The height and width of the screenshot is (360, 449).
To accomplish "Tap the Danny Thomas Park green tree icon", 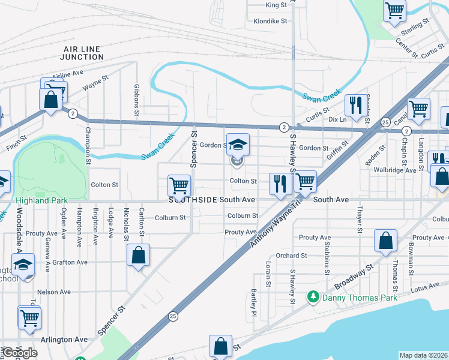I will tap(312, 297).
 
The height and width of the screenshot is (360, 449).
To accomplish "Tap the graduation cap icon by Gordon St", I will tap(238, 143).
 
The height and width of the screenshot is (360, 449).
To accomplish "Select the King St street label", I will tap(276, 5).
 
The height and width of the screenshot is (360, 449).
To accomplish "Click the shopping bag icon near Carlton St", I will tap(139, 255).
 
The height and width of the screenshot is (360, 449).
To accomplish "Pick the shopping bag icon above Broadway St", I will tap(385, 241).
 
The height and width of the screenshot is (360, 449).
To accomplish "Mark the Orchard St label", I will tap(292, 256).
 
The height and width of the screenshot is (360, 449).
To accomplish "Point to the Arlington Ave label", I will tap(64, 340).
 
